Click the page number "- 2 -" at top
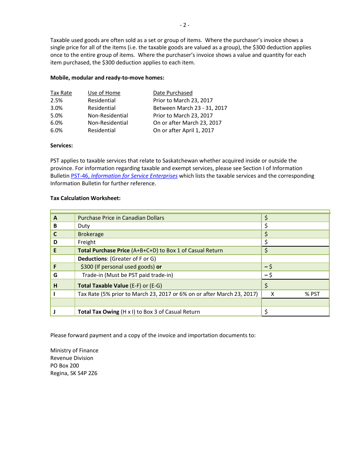coord(184,25)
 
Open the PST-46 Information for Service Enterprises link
coord(124,176)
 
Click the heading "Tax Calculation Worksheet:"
coord(85,198)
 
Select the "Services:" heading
coord(61,145)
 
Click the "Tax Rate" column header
coord(61,93)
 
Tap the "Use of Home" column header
coord(104,93)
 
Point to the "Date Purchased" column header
coord(172,93)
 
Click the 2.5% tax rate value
coord(56,100)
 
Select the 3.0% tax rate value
coord(56,108)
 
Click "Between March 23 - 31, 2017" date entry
coord(190,108)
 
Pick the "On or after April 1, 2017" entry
coord(183,130)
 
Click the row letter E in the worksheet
coord(55,250)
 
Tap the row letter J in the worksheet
coord(55,312)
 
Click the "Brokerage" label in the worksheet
coord(91,234)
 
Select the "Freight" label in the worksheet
coord(87,242)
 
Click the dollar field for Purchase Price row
coord(296,218)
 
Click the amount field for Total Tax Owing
coord(296,312)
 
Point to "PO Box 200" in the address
coord(64,366)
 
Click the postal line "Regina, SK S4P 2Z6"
coord(74,373)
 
